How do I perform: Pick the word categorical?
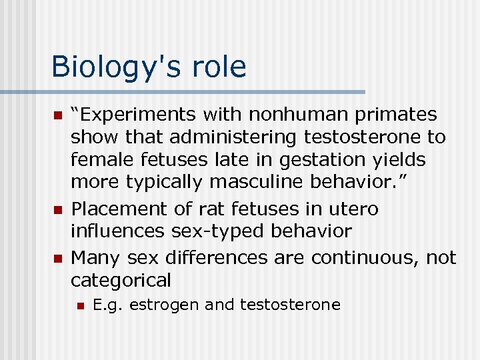pos(121,280)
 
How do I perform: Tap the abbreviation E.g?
pos(108,305)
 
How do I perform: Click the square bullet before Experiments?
pos(57,115)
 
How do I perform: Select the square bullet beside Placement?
pos(57,210)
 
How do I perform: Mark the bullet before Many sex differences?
pos(57,258)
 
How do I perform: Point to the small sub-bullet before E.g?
pos(80,306)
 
